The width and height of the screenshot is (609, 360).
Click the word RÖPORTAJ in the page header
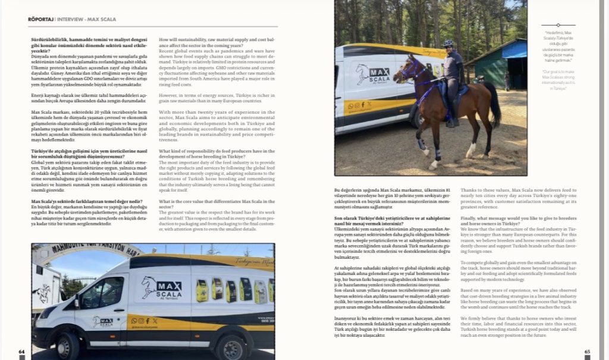(40, 19)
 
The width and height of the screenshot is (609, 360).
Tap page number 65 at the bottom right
(588, 352)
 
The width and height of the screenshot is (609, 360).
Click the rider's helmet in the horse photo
(448, 43)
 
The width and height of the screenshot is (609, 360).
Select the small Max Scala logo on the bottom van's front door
(102, 323)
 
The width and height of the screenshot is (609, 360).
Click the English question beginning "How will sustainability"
(216, 42)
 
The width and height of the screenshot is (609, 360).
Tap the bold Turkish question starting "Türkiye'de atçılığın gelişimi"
(89, 154)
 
